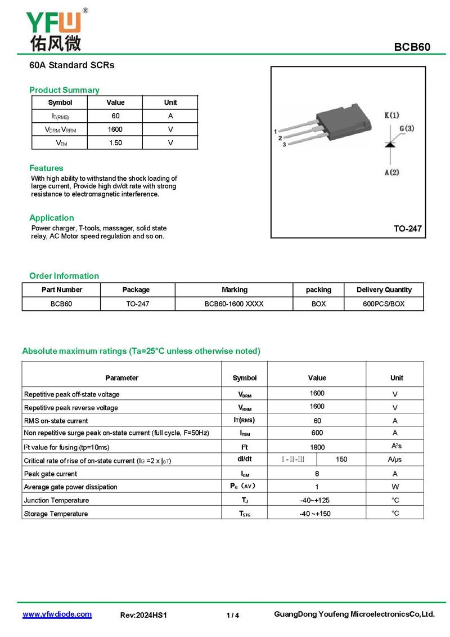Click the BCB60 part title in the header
[412, 47]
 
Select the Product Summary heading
[64, 90]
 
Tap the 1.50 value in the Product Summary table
[115, 143]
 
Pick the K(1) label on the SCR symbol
[391, 115]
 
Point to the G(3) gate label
[407, 129]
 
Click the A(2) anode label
[391, 172]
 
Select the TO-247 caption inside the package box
[407, 229]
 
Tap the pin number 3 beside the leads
[284, 145]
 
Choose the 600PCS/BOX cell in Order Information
[384, 304]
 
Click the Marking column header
[234, 290]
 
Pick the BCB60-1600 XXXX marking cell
[234, 304]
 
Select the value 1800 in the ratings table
[317, 447]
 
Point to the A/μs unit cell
[395, 460]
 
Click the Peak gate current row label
[51, 474]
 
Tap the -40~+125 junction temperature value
[317, 500]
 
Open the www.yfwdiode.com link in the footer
[57, 614]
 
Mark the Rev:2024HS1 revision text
[144, 616]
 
